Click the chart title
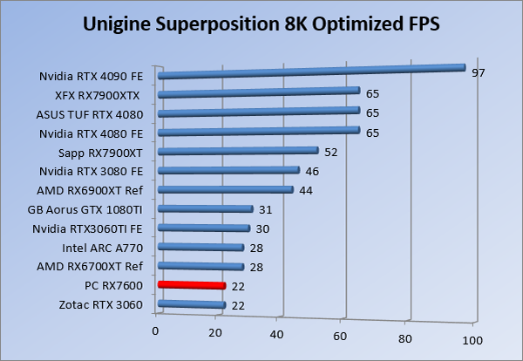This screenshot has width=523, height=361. click(261, 24)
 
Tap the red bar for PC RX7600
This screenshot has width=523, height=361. click(192, 285)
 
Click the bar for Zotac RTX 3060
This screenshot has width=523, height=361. click(192, 304)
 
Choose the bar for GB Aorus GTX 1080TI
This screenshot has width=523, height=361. click(206, 209)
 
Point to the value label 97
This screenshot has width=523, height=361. click(478, 72)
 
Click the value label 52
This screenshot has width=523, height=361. click(331, 152)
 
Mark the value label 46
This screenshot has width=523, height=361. click(312, 171)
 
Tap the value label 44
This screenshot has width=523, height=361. click(306, 190)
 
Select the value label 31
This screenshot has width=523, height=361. click(266, 209)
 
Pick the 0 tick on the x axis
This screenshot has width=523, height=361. click(156, 330)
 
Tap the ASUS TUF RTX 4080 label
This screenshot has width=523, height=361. click(95, 113)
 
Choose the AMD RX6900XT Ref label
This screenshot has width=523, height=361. click(90, 190)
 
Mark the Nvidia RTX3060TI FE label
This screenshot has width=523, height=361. click(92, 228)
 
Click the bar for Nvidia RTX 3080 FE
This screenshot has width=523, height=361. click(228, 171)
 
